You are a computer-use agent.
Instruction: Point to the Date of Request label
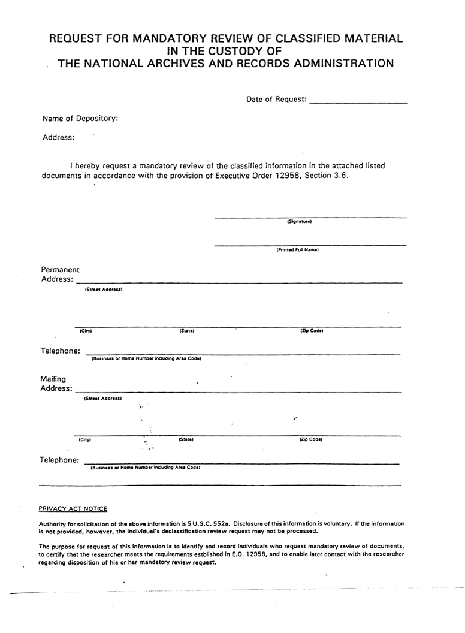pyautogui.click(x=276, y=100)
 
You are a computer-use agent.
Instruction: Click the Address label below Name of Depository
pyautogui.click(x=58, y=138)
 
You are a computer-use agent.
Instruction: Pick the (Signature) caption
pyautogui.click(x=299, y=222)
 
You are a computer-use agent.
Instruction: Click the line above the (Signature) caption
pyautogui.click(x=310, y=217)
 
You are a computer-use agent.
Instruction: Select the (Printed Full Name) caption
pyautogui.click(x=297, y=250)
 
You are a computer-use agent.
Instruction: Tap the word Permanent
pyautogui.click(x=60, y=270)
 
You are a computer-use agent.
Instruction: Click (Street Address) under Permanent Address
pyautogui.click(x=103, y=290)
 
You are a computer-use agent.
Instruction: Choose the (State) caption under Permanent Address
pyautogui.click(x=186, y=331)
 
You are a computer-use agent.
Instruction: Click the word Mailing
pyautogui.click(x=53, y=379)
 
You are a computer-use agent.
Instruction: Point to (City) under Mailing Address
pyautogui.click(x=84, y=439)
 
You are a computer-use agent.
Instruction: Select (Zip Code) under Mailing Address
pyautogui.click(x=310, y=439)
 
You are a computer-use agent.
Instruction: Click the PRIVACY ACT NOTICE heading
pyautogui.click(x=73, y=509)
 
